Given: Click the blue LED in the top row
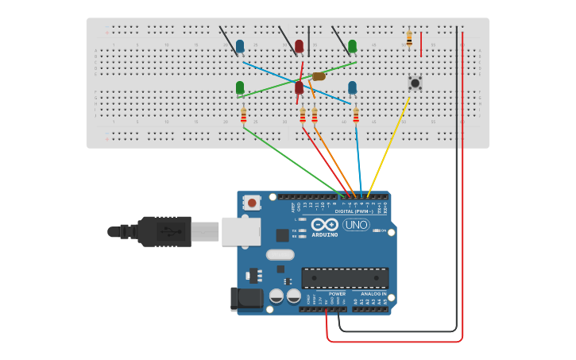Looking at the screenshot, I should pos(240,47).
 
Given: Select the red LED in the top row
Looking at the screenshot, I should pos(300,47).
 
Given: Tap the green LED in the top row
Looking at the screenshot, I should pos(352,47).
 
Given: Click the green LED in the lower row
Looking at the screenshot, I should pos(240,87).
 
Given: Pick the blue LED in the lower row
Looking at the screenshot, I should pos(352,87).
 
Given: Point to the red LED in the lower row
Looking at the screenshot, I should pos(300,87).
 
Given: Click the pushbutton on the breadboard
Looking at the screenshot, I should pos(414,82).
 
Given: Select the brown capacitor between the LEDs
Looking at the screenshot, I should pos(319,76).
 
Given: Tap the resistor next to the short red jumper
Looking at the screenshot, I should pos(409,37).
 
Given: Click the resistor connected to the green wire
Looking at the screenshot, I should pos(244,116).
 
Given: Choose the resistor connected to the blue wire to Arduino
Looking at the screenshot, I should pos(356,116).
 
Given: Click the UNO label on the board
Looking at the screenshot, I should pos(356,225).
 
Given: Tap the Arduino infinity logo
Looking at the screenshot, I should pos(330,224).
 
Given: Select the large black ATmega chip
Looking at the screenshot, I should pos(345,278).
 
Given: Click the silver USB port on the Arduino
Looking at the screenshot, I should pos(241,230).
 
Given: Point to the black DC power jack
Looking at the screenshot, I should pos(245,299).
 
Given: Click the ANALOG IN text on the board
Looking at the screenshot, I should pos(370,293).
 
